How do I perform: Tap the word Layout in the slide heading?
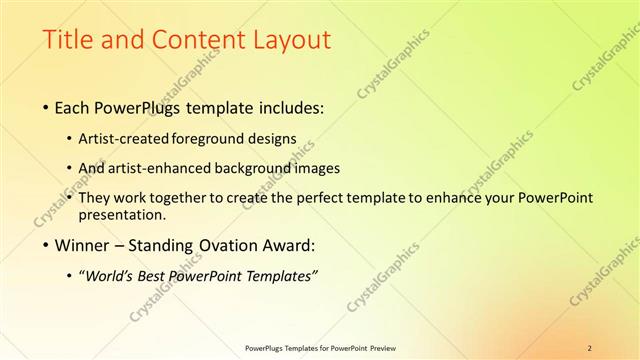point(290,40)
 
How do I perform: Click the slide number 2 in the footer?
point(590,347)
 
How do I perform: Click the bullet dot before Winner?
point(46,246)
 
